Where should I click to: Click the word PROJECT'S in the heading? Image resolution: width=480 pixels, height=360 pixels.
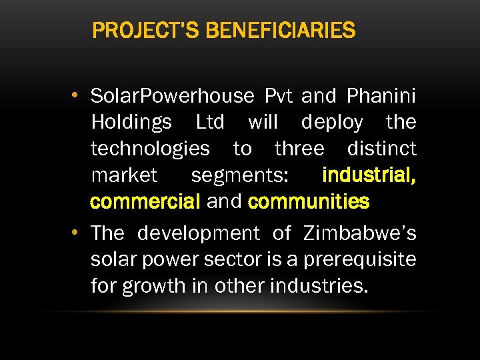[x=135, y=31]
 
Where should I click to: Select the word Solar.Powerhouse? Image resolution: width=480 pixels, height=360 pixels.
[x=172, y=97]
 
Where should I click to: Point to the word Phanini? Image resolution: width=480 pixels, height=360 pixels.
[x=381, y=96]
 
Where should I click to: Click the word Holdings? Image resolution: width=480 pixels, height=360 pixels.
[x=131, y=123]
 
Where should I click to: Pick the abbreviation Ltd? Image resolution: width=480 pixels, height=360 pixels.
[x=210, y=123]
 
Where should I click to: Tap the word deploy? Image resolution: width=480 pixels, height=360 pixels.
[x=332, y=123]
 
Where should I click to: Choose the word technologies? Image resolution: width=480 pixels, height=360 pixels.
[x=150, y=149]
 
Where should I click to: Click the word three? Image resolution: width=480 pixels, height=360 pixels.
[x=299, y=149]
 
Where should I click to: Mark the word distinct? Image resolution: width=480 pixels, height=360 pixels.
[x=382, y=149]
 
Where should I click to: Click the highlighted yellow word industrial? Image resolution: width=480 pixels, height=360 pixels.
[x=369, y=175]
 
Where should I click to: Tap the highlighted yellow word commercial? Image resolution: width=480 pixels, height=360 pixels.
[x=145, y=201]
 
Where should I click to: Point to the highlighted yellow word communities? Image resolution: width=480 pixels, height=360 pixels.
[x=308, y=201]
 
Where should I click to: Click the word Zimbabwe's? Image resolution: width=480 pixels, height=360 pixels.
[x=360, y=233]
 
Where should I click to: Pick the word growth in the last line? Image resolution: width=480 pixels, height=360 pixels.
[x=155, y=287]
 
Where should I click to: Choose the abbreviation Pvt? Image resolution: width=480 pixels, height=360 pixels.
[x=279, y=96]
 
